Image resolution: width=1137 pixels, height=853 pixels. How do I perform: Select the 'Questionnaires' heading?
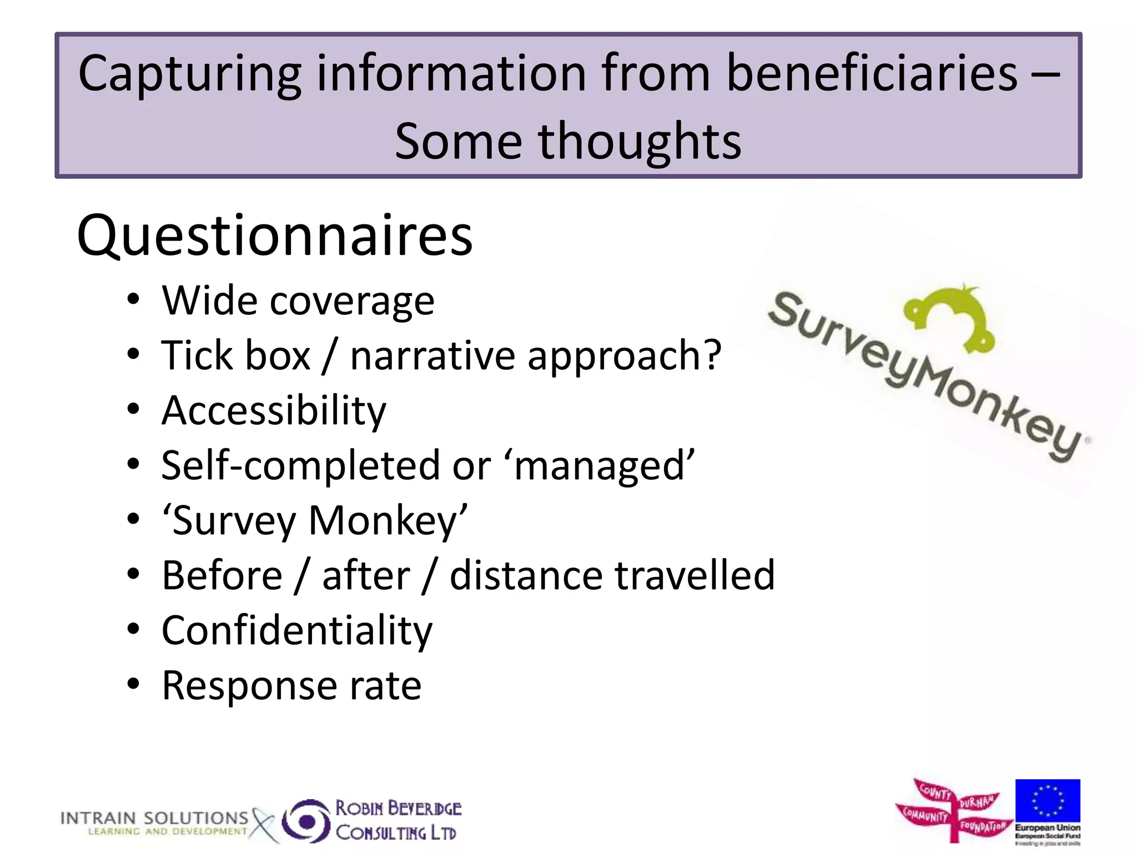(275, 235)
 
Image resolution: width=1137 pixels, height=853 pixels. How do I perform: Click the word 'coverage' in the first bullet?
(352, 302)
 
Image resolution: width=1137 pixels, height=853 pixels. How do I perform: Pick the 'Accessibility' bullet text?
(274, 411)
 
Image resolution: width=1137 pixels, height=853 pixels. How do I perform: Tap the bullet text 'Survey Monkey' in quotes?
(314, 521)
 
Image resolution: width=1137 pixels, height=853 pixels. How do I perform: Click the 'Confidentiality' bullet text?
(296, 631)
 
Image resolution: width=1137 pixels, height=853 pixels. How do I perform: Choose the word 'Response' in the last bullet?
(249, 685)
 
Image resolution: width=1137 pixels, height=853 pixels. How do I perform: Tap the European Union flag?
(1048, 801)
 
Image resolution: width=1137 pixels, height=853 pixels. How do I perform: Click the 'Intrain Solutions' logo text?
(154, 819)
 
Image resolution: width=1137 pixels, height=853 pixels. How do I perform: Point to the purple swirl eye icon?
(306, 821)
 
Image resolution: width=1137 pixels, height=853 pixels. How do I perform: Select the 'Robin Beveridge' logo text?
(398, 808)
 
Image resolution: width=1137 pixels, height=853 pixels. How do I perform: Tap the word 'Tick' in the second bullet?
(197, 355)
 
